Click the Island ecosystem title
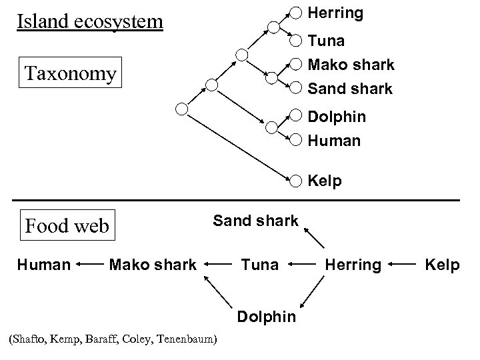(90, 21)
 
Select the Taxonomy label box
(70, 73)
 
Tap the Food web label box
(66, 225)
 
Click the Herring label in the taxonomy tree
(335, 13)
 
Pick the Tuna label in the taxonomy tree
(326, 41)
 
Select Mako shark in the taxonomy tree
(351, 65)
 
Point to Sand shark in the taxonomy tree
(350, 88)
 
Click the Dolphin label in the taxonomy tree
(336, 116)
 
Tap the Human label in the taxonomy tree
(334, 141)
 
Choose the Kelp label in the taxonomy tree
(324, 180)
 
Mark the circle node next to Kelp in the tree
(296, 179)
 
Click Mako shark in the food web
(153, 265)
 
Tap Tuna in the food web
(259, 265)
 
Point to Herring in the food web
(353, 265)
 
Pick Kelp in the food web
(443, 265)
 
